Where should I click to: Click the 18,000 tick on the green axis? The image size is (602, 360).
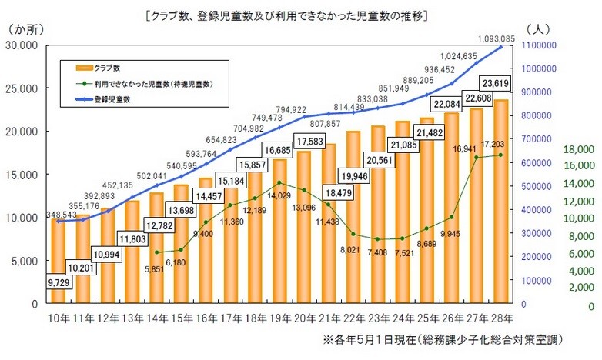tap(578, 149)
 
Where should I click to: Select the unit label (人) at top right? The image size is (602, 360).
tap(538, 29)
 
